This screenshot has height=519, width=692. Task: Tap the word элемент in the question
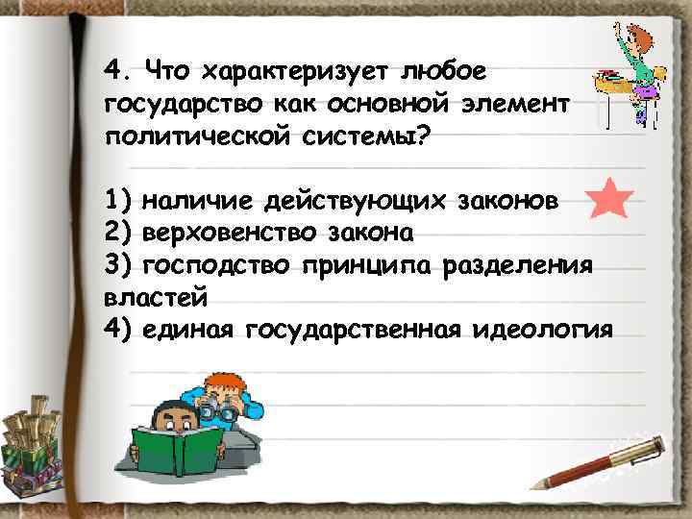[x=514, y=103]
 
